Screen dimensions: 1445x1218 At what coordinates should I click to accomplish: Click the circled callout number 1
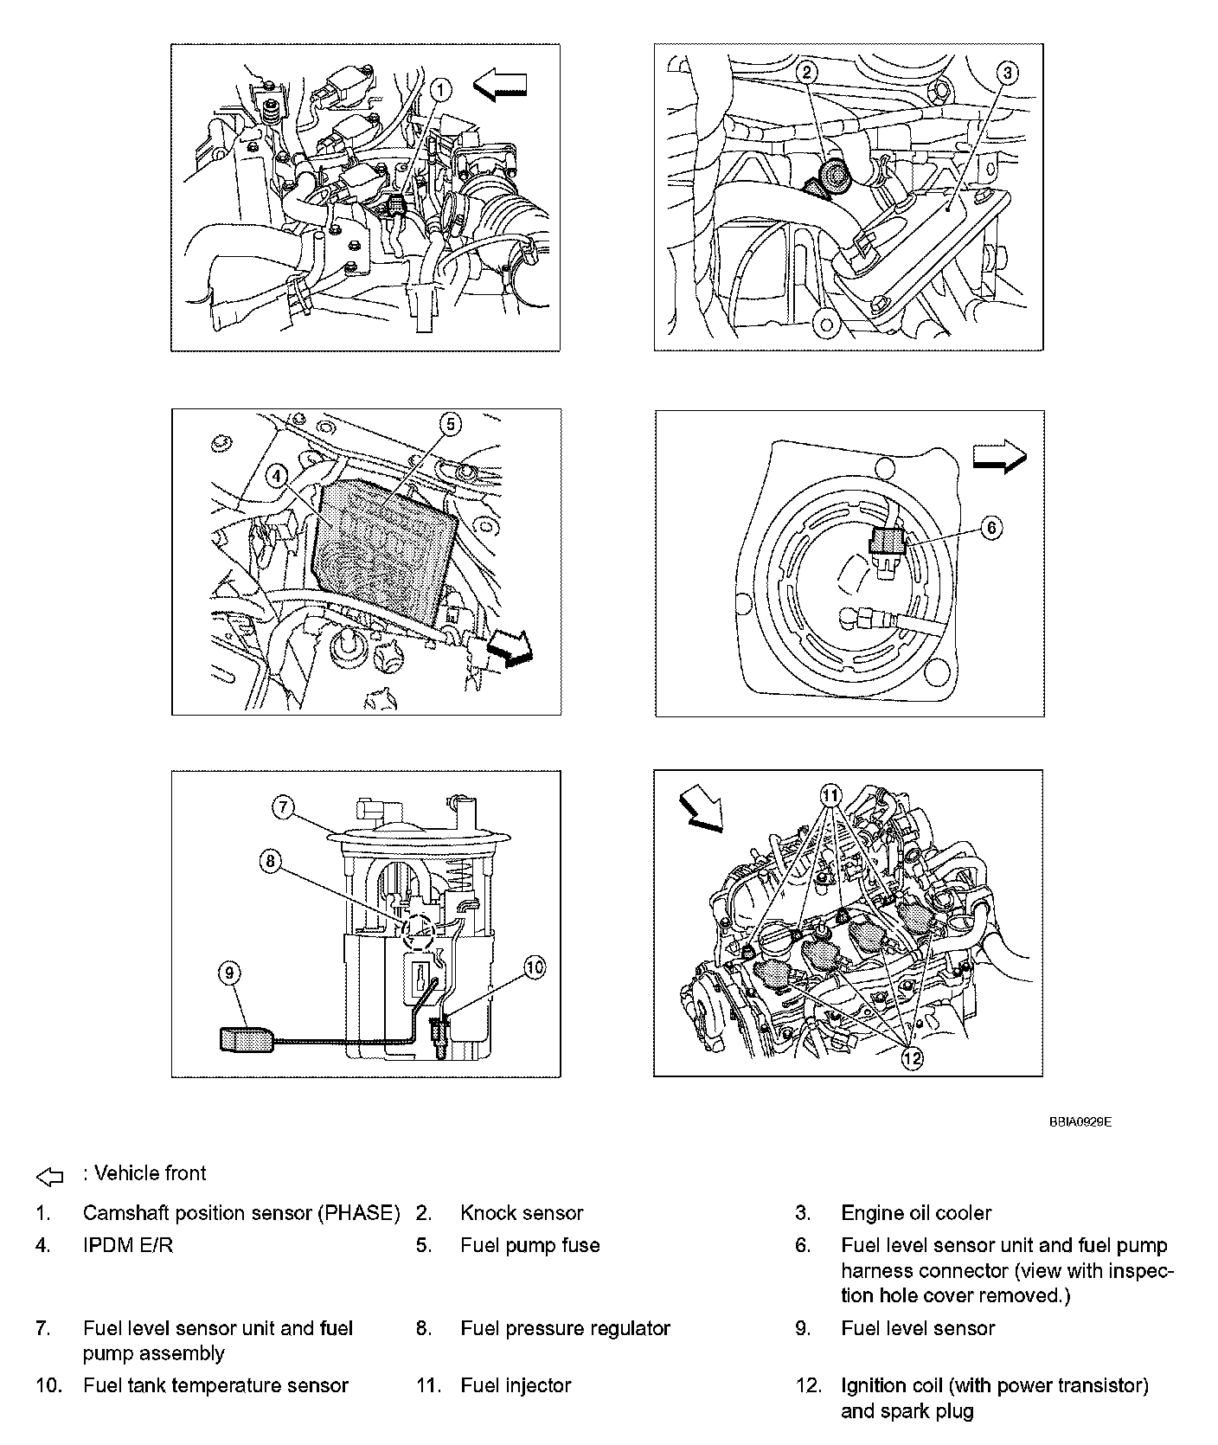pos(440,88)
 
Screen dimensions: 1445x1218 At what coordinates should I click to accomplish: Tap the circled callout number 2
pos(806,72)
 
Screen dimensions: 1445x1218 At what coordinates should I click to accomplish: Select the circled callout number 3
pos(1006,74)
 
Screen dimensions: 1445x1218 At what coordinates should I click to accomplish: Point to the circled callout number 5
pos(450,424)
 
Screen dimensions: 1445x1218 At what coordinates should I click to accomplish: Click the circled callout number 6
pos(991,527)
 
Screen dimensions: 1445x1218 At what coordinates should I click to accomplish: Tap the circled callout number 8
pos(271,861)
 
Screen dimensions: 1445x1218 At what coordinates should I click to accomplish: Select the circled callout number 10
pos(535,967)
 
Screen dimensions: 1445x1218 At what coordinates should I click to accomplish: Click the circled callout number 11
pos(830,794)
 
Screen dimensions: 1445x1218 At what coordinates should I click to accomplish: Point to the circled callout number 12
pos(912,1057)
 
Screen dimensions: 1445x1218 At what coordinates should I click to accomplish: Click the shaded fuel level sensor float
pos(247,1037)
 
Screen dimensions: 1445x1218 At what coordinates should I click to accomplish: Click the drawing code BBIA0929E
pos(1080,1121)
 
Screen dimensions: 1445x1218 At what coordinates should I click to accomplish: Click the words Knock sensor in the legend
pos(522,1213)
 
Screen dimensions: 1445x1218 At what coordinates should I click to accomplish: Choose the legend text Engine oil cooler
pos(916,1213)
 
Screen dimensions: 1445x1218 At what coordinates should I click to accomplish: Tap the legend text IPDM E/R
pos(128,1245)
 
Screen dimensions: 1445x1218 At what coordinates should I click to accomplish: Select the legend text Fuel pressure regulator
pos(566,1328)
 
